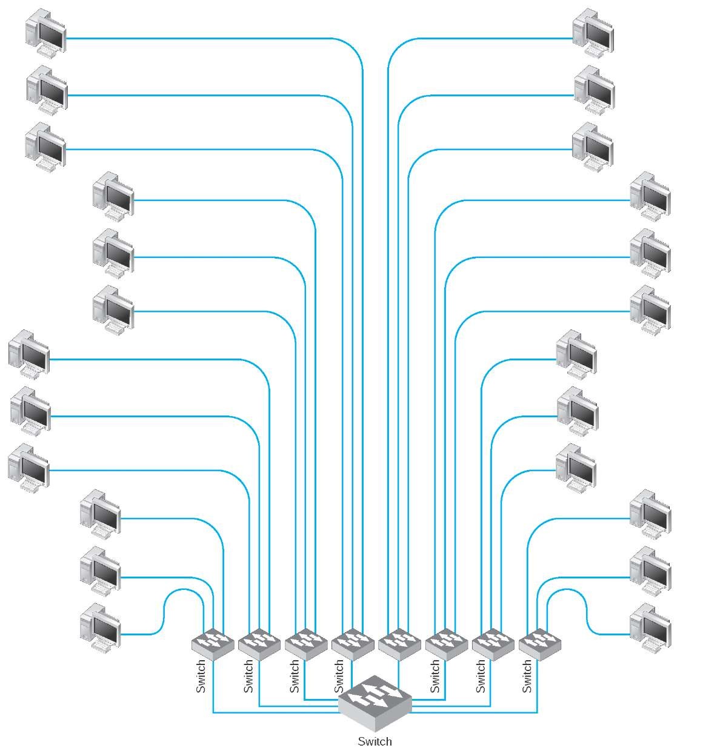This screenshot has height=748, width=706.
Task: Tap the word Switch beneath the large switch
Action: coord(375,741)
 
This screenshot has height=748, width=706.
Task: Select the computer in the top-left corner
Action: coord(45,33)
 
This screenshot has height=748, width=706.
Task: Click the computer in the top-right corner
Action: coord(593,33)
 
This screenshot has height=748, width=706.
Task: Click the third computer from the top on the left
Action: coord(45,147)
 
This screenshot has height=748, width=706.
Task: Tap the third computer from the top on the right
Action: coord(593,147)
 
